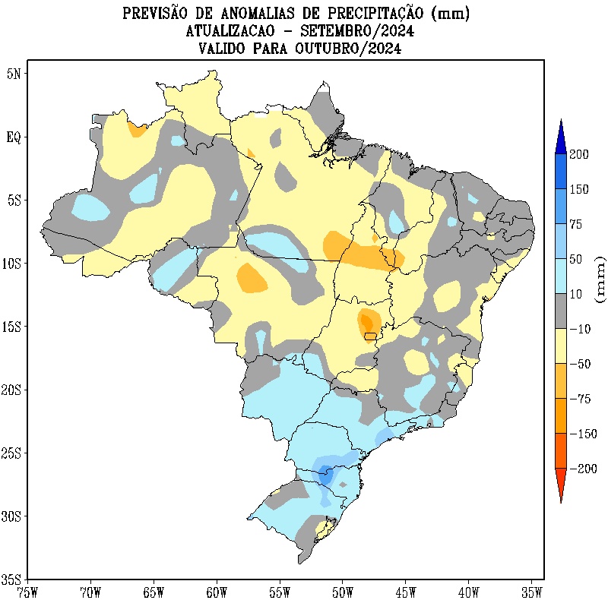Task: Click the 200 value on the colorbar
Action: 580,154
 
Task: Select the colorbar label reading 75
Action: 577,224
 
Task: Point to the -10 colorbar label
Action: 581,329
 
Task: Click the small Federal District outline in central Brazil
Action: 370,335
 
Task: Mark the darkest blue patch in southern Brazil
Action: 326,475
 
